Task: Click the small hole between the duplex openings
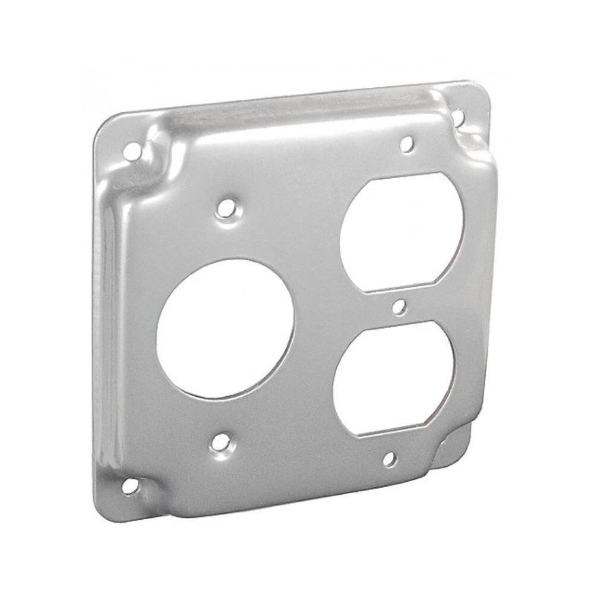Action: pos(400,307)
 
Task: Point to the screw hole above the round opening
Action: pos(225,208)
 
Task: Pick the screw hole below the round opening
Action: pos(220,441)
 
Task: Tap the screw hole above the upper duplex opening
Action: pos(406,143)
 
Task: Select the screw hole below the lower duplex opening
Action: pos(389,459)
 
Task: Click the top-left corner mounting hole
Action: pos(130,151)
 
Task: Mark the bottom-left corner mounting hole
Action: pos(129,486)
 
